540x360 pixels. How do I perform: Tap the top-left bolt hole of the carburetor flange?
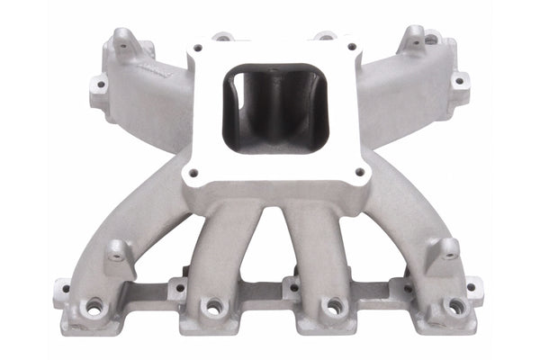(x=197, y=48)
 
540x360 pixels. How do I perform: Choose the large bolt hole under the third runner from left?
(x=332, y=308)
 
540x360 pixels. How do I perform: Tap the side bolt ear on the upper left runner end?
(x=98, y=86)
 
